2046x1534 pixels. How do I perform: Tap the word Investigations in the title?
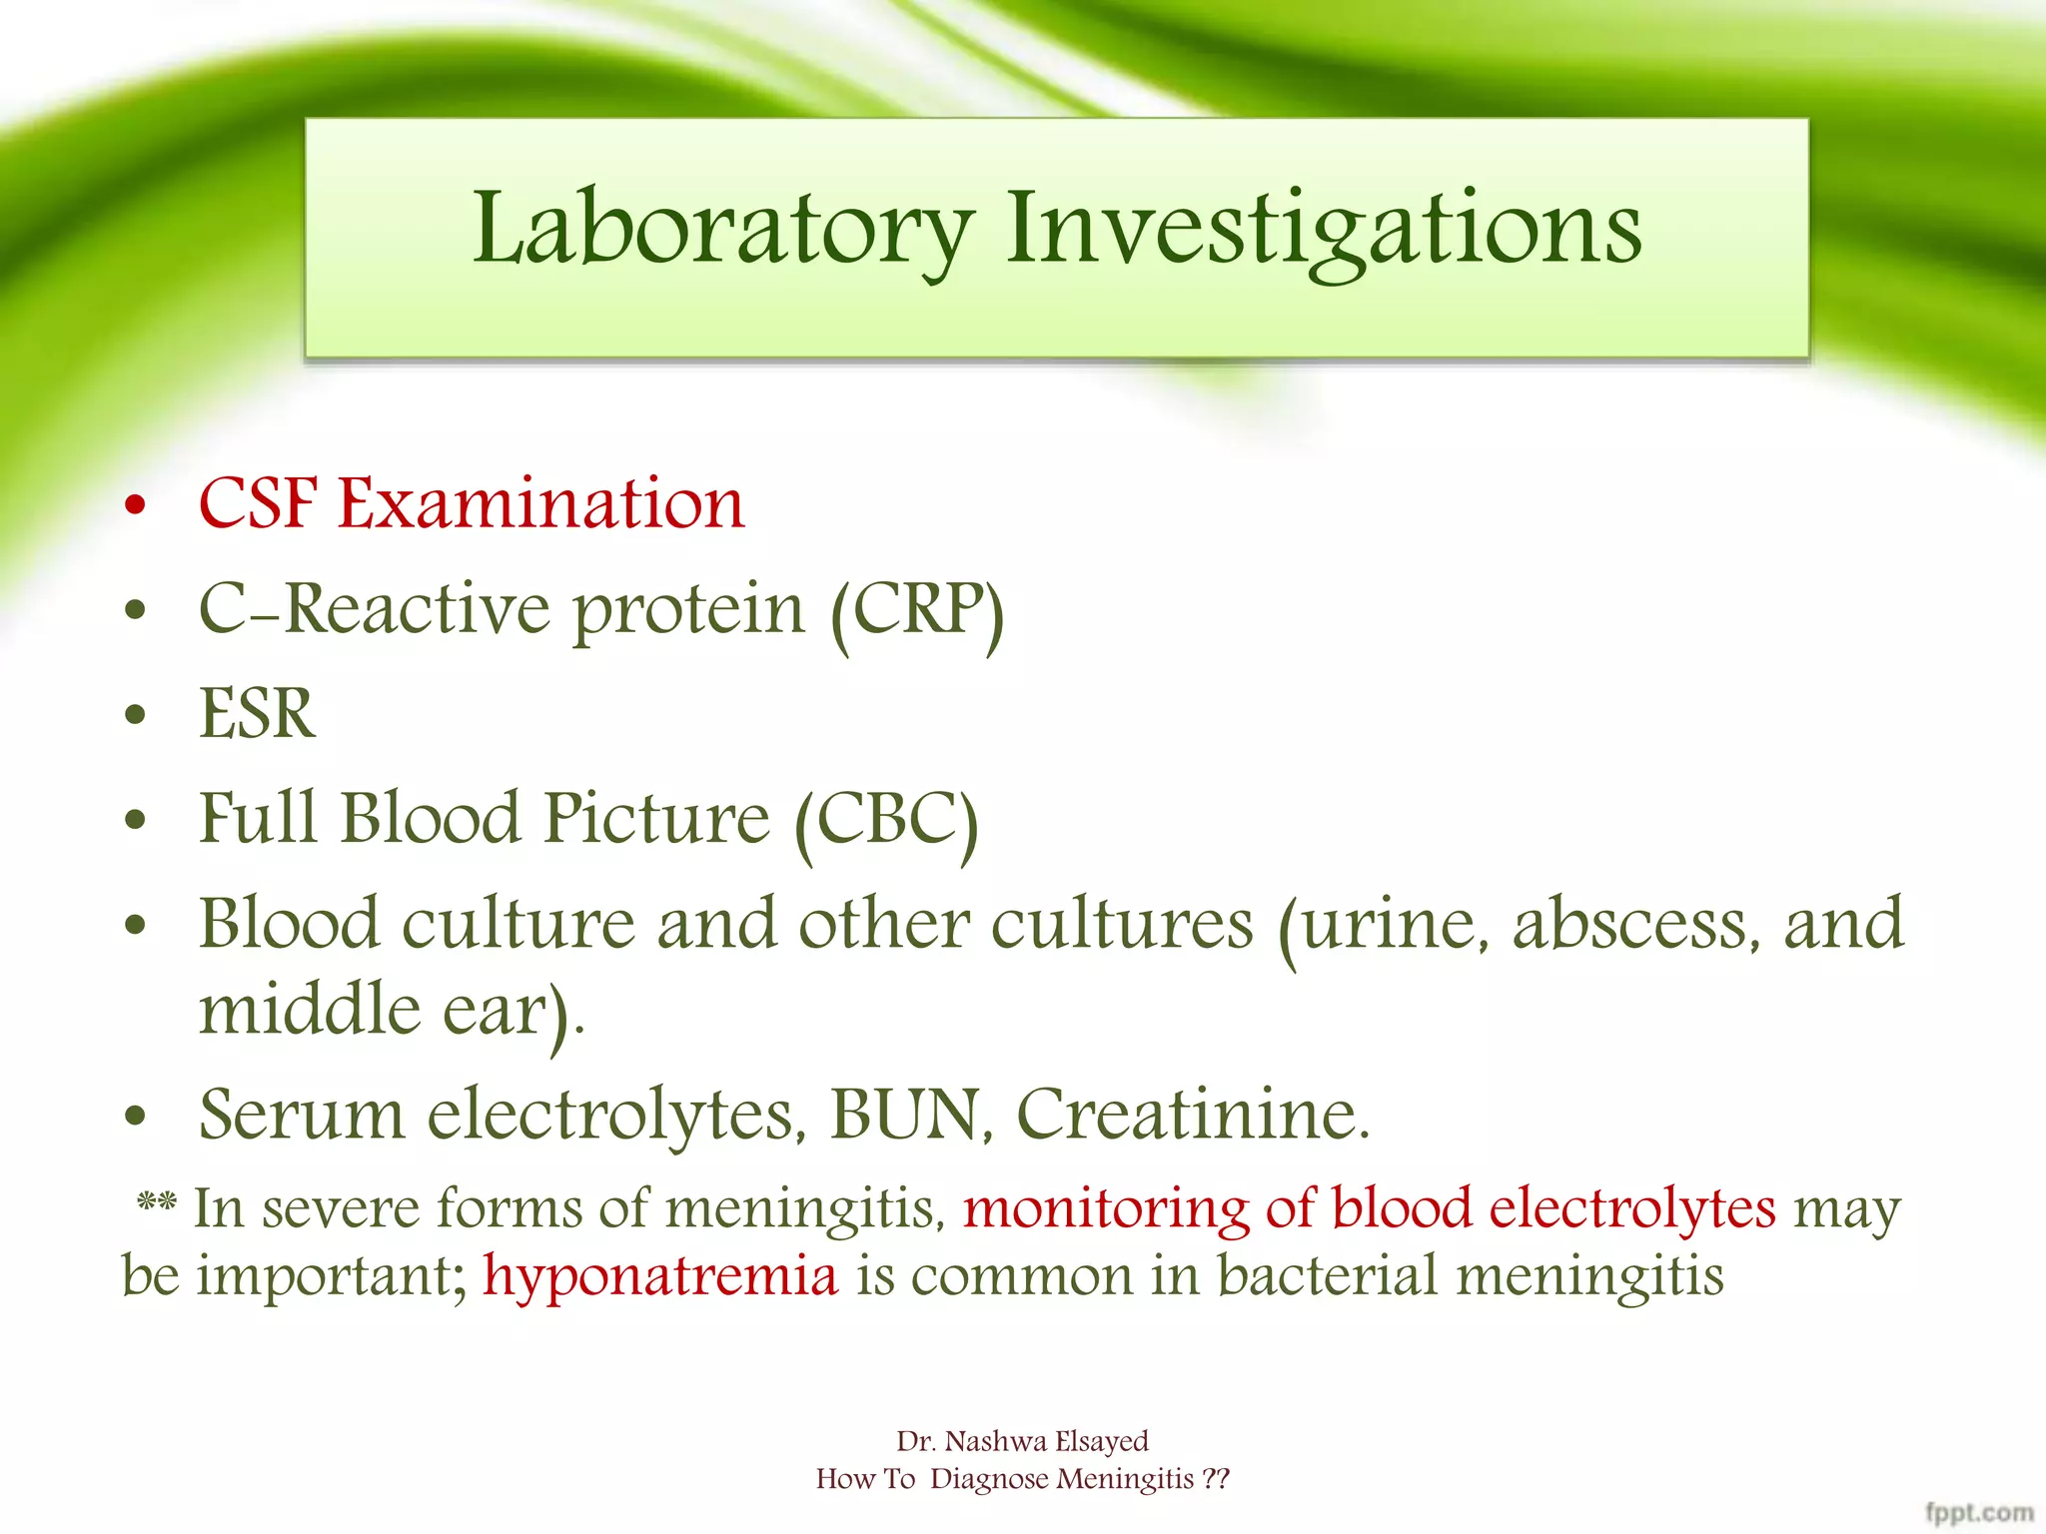pyautogui.click(x=1323, y=229)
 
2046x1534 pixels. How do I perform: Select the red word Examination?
pyautogui.click(x=540, y=503)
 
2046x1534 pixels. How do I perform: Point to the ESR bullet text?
pyautogui.click(x=257, y=714)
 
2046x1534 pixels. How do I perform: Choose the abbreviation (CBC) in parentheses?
pyautogui.click(x=885, y=820)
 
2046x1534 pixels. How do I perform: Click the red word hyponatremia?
pyautogui.click(x=660, y=1276)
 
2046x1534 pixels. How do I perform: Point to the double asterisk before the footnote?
pyautogui.click(x=156, y=1200)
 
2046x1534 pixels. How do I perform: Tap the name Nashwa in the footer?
pyautogui.click(x=996, y=1441)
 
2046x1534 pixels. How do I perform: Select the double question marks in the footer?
pyautogui.click(x=1216, y=1479)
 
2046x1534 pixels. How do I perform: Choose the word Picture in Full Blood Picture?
pyautogui.click(x=656, y=819)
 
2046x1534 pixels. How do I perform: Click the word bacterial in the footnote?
pyautogui.click(x=1326, y=1276)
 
